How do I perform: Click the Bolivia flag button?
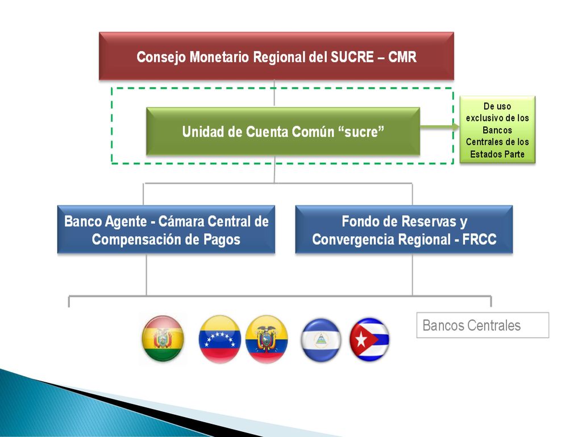[x=163, y=338]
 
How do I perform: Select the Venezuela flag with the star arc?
[x=220, y=339]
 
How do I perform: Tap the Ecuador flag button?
[x=267, y=339]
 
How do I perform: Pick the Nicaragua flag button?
[x=321, y=340]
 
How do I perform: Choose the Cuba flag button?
[x=369, y=339]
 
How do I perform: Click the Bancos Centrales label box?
[x=483, y=325]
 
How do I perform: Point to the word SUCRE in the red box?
[x=352, y=57]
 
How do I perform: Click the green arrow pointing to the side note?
[x=439, y=127]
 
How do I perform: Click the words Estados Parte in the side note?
[x=497, y=154]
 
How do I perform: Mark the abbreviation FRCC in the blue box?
[x=479, y=240]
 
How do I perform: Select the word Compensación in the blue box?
[x=136, y=240]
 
